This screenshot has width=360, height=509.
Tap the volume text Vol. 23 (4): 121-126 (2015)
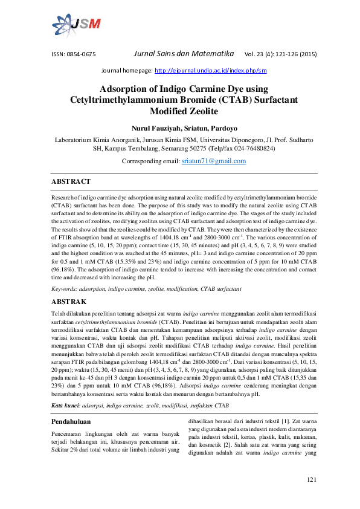coord(281,54)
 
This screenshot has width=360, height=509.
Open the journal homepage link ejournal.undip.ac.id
coord(211,71)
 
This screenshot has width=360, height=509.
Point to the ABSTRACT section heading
coord(71,181)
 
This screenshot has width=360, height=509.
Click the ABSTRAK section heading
coord(69,301)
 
